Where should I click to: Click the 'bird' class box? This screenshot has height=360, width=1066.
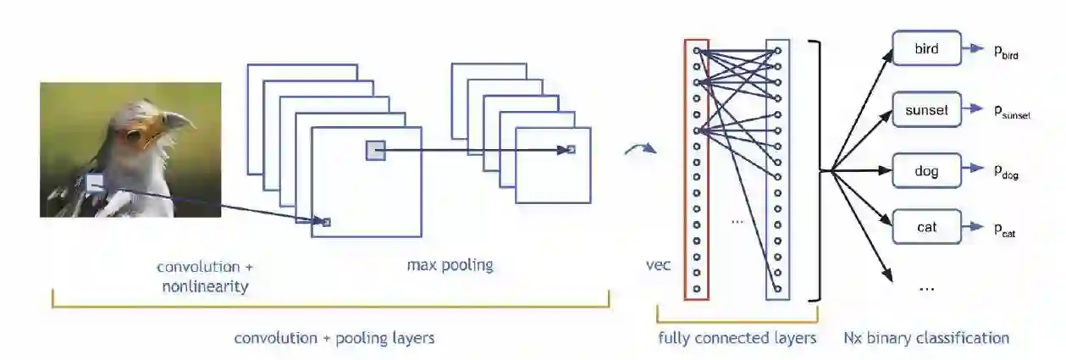[x=926, y=49]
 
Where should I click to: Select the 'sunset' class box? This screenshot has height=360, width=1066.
[x=926, y=110]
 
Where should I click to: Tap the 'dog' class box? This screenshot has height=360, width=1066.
[x=926, y=171]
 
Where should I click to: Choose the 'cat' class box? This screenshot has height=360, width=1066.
[x=926, y=227]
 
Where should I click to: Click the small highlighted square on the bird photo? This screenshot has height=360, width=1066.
[x=95, y=182]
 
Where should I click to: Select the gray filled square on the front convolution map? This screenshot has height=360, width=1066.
[x=375, y=151]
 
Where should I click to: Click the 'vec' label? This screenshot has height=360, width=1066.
[x=658, y=266]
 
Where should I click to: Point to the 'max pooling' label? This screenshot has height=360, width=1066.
[x=450, y=266]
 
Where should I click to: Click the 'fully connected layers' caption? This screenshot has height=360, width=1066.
[x=737, y=338]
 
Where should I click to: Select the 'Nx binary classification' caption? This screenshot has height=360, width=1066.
[x=926, y=338]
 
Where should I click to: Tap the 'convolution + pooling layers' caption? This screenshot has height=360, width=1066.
[x=334, y=338]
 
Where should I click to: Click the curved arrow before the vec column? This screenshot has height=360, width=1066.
[x=639, y=151]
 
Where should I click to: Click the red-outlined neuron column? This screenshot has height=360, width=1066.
[x=696, y=169]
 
